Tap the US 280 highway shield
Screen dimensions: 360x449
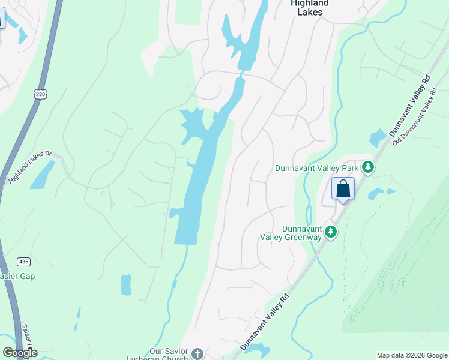41,94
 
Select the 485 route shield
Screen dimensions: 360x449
23,262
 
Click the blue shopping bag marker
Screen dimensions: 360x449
343,189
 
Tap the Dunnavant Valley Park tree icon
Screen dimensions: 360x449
368,167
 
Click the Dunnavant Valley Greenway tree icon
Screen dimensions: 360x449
330,232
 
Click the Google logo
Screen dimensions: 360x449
20,353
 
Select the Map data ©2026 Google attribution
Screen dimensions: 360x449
412,355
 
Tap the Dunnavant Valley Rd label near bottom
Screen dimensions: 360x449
265,323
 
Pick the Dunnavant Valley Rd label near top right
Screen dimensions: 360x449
410,106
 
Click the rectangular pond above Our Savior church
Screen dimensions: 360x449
125,285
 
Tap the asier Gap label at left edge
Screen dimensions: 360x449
17,277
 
